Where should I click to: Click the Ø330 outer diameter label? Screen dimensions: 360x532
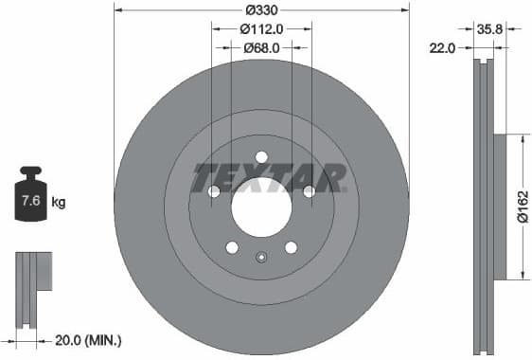261,9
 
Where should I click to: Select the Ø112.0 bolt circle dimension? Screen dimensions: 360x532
261,28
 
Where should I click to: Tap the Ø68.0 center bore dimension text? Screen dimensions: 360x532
261,47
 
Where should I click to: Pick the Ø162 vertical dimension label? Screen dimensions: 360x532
523,206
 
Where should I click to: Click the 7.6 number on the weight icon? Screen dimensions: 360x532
30,201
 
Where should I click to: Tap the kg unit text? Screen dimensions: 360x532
59,202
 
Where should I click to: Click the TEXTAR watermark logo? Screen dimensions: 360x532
268,178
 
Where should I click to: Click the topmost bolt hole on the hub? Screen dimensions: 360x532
261,157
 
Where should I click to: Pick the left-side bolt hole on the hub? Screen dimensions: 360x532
214,191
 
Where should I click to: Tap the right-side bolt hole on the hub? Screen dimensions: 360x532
309,191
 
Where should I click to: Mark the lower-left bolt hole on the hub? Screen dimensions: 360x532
232,247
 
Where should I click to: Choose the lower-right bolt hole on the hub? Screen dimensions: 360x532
291,247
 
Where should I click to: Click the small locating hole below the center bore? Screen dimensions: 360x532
261,256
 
